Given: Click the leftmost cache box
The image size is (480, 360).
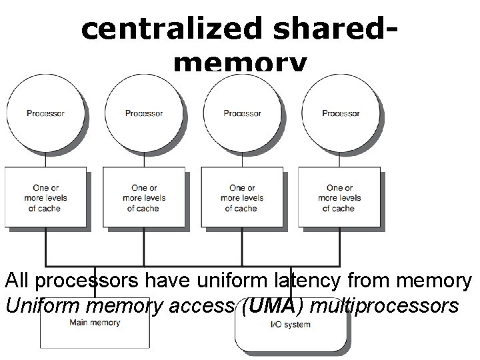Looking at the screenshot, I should point(45,198).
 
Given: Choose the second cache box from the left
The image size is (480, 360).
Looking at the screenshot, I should point(143,198).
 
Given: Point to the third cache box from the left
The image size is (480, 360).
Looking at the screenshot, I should point(242,198).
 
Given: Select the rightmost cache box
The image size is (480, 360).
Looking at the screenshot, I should point(340,198).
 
